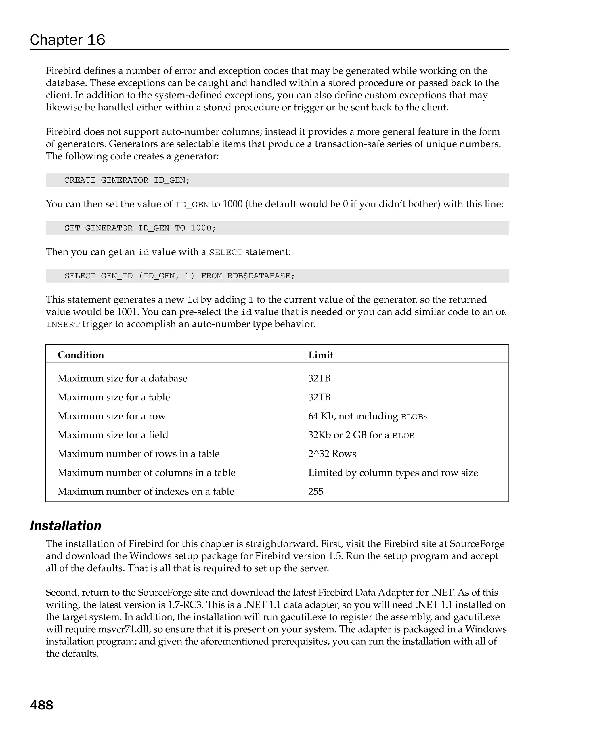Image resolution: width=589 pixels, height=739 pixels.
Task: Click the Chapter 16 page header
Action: tap(68, 40)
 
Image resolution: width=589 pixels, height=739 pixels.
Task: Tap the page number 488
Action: tap(42, 705)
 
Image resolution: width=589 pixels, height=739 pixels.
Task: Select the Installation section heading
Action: tap(66, 526)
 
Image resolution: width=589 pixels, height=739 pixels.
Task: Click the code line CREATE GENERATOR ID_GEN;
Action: tap(127, 180)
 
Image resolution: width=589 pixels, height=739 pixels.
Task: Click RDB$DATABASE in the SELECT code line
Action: tap(261, 276)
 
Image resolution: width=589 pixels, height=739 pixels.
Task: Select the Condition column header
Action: tap(81, 355)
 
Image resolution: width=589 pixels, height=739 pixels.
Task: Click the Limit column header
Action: tap(320, 355)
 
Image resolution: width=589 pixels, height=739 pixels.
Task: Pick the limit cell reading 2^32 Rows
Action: tap(332, 454)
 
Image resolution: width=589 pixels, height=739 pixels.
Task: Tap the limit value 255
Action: tap(315, 492)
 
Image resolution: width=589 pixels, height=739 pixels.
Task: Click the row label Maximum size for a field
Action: tap(113, 435)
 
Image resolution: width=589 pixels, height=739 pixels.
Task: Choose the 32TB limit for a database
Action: tap(319, 378)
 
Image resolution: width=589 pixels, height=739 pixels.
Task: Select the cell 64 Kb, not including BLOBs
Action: tap(367, 416)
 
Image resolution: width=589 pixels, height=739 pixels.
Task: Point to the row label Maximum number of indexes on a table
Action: tap(146, 492)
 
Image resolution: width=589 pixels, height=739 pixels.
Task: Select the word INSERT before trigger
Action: tap(63, 324)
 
